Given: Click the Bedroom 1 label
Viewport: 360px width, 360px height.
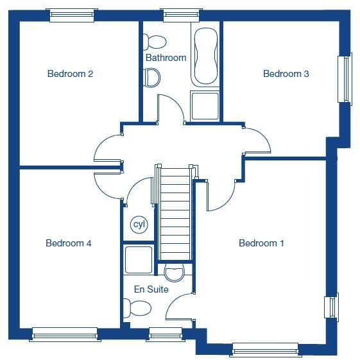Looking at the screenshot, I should click(261, 243).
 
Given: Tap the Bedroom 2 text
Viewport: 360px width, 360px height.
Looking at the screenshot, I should click(71, 74).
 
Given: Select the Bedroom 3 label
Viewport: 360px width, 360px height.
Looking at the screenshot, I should click(286, 74).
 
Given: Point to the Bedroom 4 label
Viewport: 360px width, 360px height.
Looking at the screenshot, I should click(69, 243).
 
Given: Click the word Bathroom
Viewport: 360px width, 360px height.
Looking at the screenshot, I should click(166, 58).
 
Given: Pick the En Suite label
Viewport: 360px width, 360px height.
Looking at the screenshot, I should click(151, 289).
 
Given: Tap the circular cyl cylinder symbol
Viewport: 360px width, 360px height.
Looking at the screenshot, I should click(139, 225).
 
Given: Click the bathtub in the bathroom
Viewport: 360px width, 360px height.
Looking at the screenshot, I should click(206, 56).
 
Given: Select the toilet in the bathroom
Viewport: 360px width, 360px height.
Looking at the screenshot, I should click(155, 42).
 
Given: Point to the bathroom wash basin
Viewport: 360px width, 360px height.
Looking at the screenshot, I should click(153, 78).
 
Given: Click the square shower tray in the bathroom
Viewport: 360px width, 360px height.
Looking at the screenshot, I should click(205, 106).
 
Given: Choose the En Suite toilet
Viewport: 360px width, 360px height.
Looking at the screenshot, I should click(139, 309).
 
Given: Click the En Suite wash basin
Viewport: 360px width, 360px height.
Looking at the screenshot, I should click(174, 272).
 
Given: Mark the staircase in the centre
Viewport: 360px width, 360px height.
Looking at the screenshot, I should click(175, 212).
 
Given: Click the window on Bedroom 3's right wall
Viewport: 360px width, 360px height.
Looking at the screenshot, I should click(345, 79).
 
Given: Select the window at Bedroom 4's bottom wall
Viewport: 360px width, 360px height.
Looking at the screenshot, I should click(64, 333).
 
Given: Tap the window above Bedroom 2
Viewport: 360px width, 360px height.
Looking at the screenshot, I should click(73, 14).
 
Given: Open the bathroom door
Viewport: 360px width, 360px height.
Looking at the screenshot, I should click(171, 108).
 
